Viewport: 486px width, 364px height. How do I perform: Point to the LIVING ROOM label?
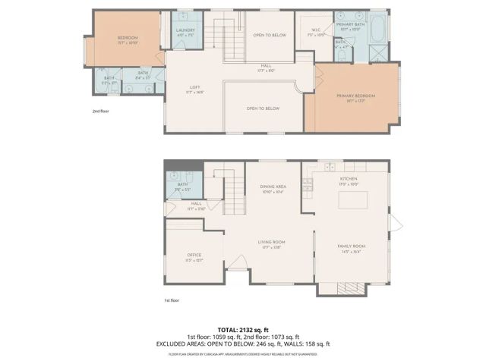pyautogui.click(x=272, y=244)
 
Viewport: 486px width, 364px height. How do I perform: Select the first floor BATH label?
pyautogui.click(x=182, y=184)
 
